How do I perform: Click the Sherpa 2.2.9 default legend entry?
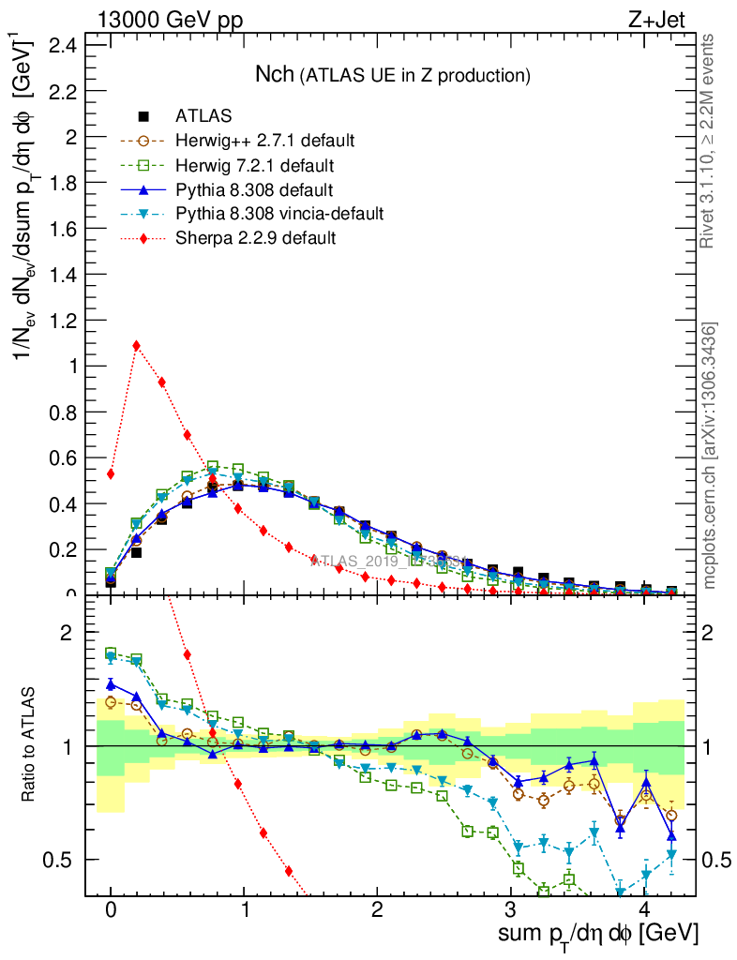255,238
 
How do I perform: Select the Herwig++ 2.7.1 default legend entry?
264,141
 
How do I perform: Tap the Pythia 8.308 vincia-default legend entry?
279,214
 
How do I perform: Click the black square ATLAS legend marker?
144,116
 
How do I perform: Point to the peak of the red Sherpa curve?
137,345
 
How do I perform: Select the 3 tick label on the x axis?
509,910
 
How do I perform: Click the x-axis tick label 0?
111,910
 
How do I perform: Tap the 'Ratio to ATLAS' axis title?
29,745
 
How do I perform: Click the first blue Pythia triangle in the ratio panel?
111,684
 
